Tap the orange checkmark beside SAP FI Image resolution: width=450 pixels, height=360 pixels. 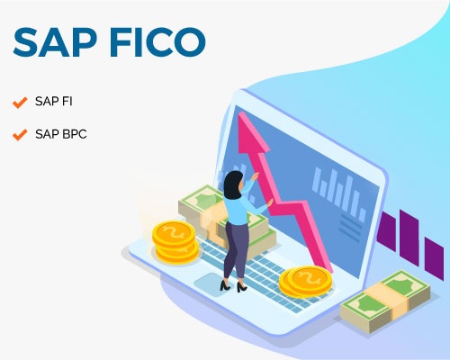pyautogui.click(x=19, y=101)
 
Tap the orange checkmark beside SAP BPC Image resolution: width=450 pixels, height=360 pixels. pyautogui.click(x=19, y=135)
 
